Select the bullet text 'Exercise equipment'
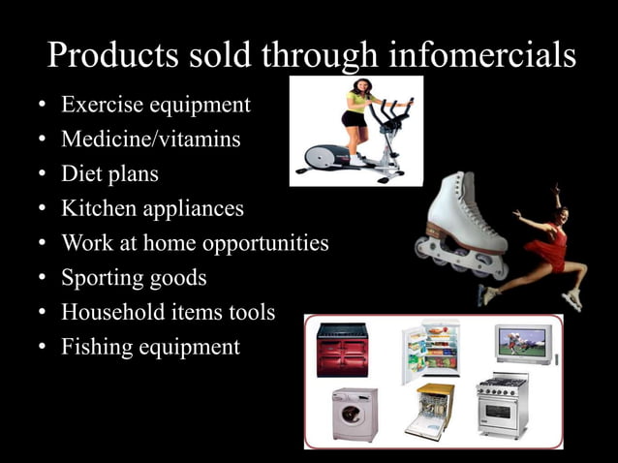[156, 105]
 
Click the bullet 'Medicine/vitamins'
[151, 139]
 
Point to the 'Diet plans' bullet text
[109, 174]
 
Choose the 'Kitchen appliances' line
[152, 208]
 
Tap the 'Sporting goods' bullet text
[134, 278]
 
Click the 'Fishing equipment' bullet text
[150, 347]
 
